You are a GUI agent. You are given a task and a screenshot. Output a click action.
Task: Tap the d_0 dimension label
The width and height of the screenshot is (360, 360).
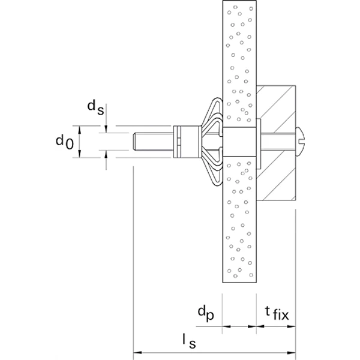point(64,142)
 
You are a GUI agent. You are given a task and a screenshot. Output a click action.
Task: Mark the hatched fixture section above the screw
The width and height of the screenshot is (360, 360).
point(277,108)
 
